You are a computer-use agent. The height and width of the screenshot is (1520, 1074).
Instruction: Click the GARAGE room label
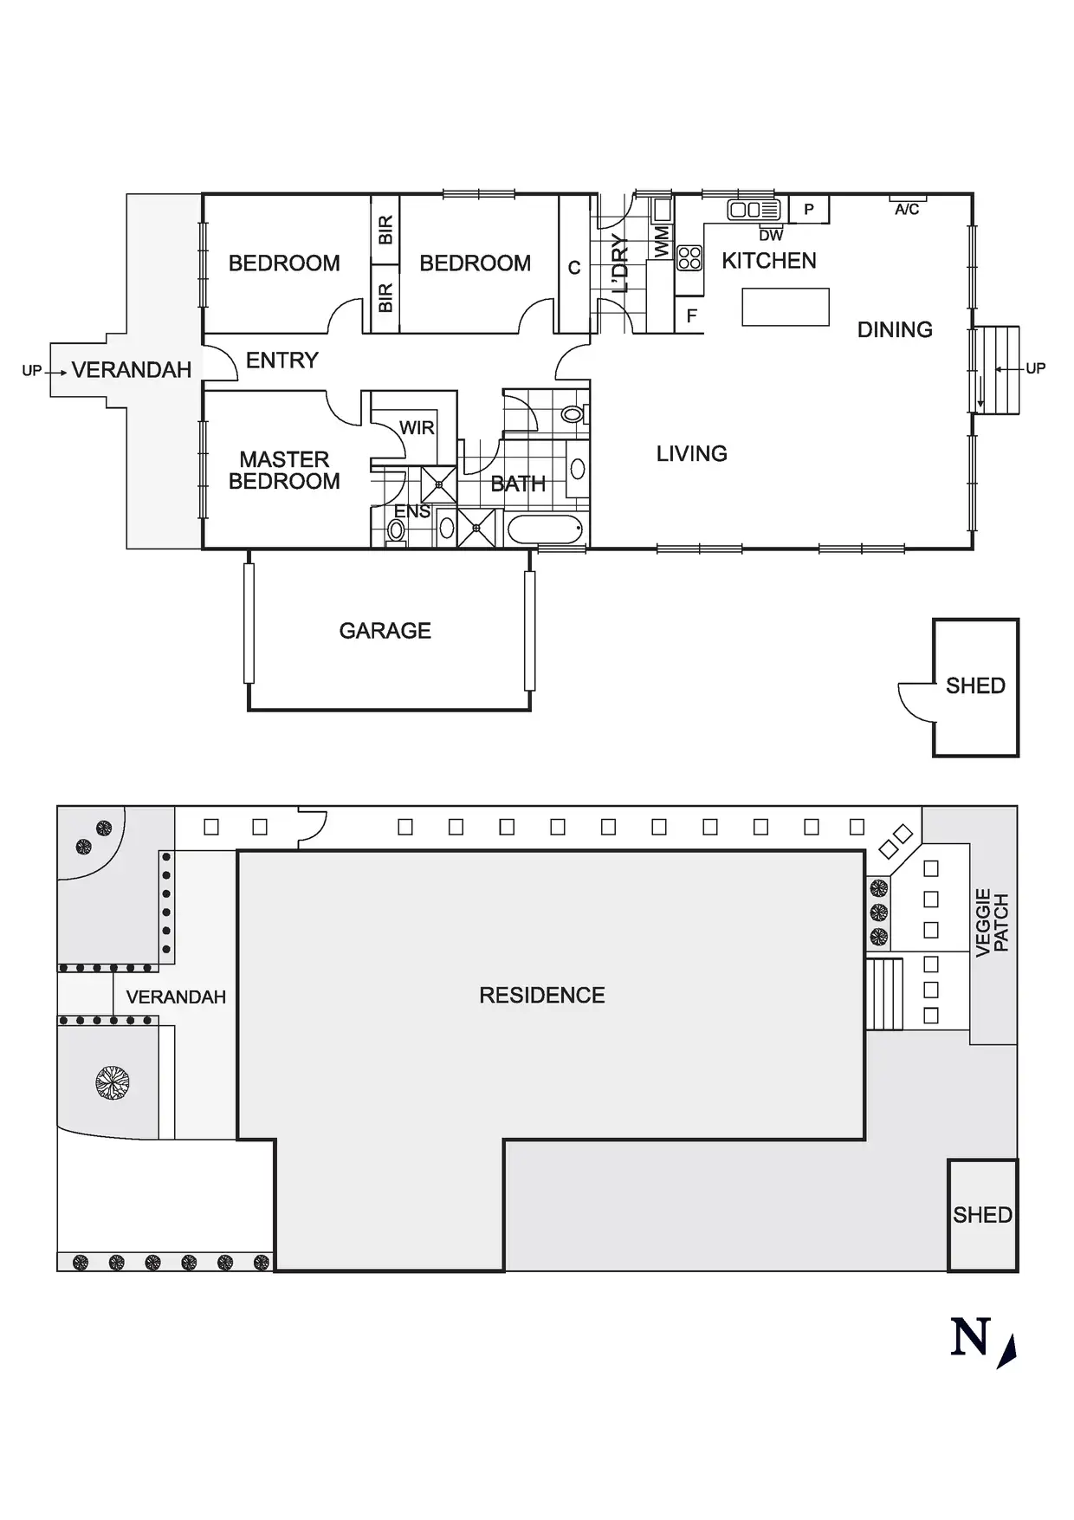click(385, 631)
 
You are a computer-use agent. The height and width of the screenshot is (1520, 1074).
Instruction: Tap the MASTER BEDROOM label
click(284, 471)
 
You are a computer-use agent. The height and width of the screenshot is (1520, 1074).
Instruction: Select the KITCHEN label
click(769, 261)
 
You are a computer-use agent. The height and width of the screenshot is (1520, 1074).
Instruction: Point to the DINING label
click(895, 330)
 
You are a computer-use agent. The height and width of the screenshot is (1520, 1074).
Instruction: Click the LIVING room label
click(691, 454)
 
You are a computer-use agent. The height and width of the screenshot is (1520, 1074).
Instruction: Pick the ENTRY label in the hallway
click(282, 361)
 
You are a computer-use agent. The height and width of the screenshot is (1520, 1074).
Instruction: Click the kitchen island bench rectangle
click(786, 307)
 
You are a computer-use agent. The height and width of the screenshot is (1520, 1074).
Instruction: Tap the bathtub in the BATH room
click(545, 529)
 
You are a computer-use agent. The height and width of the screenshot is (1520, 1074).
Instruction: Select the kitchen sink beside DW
click(754, 210)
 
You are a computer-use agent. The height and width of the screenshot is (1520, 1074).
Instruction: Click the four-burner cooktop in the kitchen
click(689, 257)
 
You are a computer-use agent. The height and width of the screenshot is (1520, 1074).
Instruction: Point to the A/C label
click(907, 210)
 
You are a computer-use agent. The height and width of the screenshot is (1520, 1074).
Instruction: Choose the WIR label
click(417, 428)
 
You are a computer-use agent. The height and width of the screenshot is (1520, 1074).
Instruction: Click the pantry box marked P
click(809, 210)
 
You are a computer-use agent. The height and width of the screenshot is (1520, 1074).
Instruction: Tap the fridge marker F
click(691, 316)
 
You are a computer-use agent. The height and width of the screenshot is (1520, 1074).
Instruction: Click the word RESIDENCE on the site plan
click(542, 996)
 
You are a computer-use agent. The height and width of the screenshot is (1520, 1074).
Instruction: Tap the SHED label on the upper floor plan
click(975, 686)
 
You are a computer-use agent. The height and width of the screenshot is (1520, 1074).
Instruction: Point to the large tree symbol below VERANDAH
click(113, 1082)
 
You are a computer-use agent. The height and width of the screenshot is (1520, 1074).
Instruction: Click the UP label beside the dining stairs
click(1035, 368)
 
